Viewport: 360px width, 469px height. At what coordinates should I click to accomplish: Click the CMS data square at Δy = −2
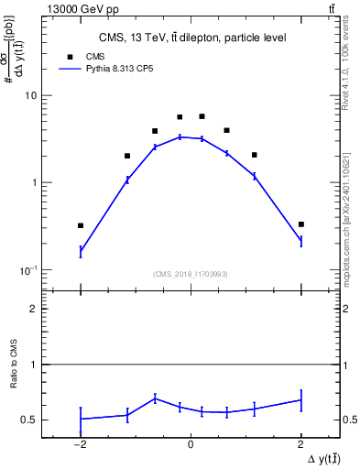point(81,225)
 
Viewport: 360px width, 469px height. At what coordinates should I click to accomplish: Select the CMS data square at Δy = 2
point(300,224)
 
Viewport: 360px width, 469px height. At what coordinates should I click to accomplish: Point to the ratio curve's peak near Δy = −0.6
point(155,398)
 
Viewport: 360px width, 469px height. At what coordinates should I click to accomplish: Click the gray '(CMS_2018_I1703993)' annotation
point(191,273)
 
